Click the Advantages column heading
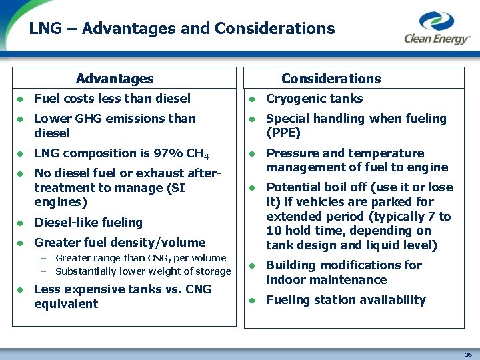click(115, 79)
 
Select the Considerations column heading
click(331, 79)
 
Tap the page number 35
click(468, 354)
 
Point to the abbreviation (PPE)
click(283, 133)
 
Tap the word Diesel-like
click(65, 223)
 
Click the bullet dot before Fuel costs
click(21, 99)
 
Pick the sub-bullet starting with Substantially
click(143, 271)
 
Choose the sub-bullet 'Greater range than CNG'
click(141, 258)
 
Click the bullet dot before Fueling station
click(253, 301)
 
